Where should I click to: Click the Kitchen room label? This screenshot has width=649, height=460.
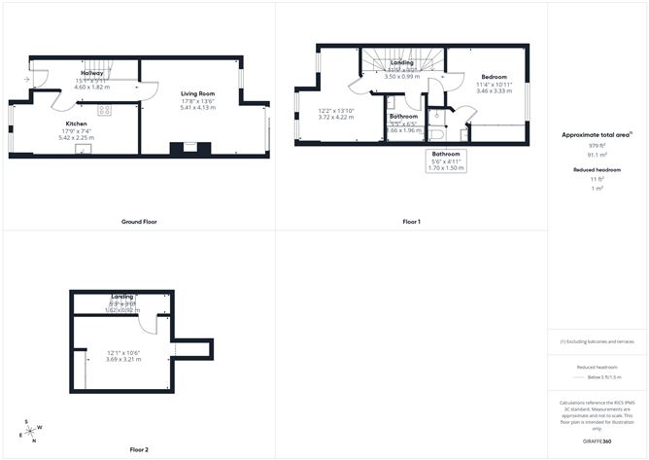coord(77,124)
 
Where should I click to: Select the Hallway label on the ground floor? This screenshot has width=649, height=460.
coord(92,73)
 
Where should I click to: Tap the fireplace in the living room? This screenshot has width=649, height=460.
coord(188,149)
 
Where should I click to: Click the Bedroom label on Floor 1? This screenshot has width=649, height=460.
coord(494,76)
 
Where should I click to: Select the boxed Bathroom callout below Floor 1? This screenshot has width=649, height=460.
coord(446,160)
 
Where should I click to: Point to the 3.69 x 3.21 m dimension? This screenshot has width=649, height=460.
coord(123,359)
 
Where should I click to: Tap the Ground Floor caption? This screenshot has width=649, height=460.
coord(139,222)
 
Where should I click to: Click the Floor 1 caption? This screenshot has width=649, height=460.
coord(411,222)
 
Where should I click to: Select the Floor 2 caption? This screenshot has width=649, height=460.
coord(139,450)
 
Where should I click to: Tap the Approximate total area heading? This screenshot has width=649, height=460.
coord(596,135)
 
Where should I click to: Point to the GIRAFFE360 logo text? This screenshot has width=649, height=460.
coord(597,441)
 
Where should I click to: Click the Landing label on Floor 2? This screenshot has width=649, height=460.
coord(123,296)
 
